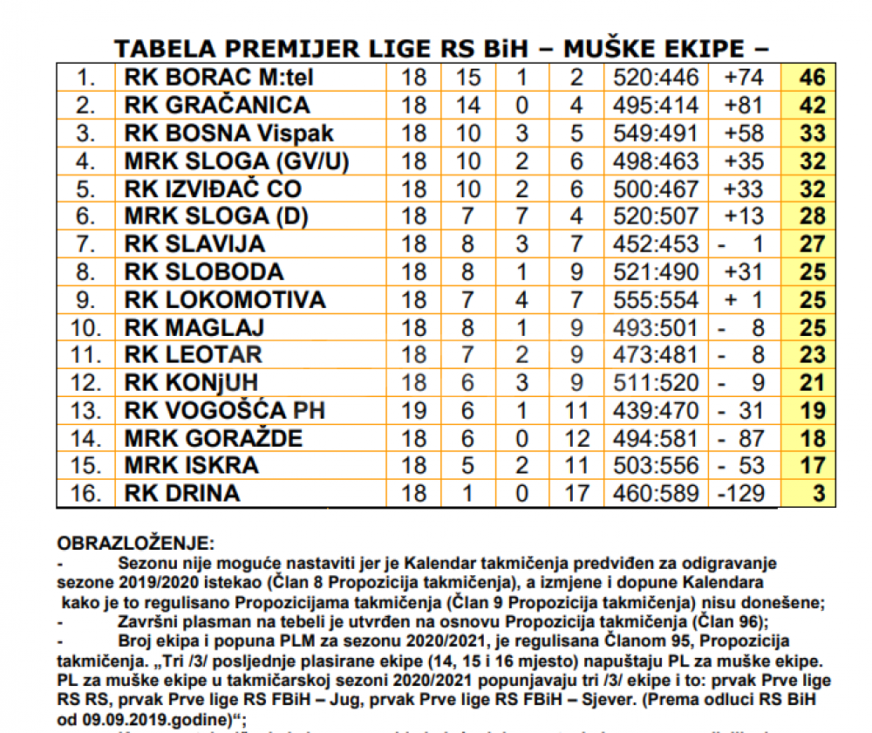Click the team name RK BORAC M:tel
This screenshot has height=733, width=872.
(219, 78)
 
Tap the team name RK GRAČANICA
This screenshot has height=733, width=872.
(217, 106)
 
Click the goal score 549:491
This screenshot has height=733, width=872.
(656, 134)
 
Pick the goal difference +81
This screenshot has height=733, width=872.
(743, 106)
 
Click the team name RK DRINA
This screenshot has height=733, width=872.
(181, 493)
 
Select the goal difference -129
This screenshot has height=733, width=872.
(742, 493)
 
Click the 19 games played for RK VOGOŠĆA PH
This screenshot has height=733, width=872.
(415, 409)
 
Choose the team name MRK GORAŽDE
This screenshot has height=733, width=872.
(214, 437)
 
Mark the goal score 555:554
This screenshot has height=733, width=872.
(656, 300)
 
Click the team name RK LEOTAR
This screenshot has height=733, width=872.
(193, 354)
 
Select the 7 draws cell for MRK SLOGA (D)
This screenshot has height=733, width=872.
(521, 216)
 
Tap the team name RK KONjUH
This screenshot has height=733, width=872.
(191, 382)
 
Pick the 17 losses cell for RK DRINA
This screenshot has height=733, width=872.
(576, 493)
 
